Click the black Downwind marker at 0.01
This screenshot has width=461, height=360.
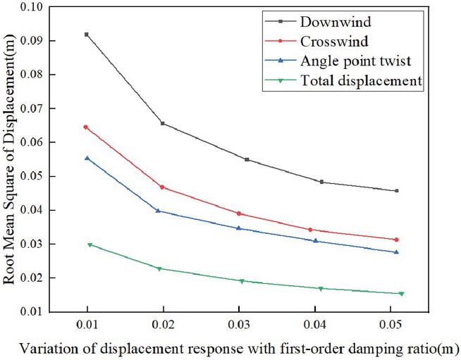click(x=87, y=35)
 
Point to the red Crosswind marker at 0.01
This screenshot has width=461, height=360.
click(x=86, y=127)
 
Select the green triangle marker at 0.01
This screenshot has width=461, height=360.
click(x=90, y=245)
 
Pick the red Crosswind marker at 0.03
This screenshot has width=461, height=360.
click(x=239, y=213)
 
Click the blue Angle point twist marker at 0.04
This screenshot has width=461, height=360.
click(x=316, y=241)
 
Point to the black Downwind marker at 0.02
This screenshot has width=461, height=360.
click(x=163, y=123)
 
